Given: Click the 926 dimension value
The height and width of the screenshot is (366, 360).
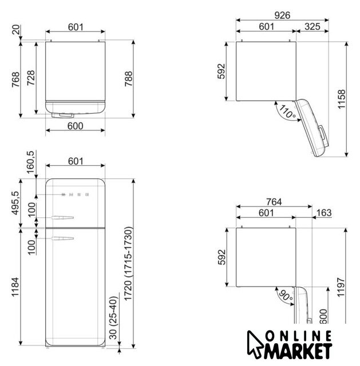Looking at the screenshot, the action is click(282, 15).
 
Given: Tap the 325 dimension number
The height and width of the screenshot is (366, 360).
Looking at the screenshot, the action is click(312, 27).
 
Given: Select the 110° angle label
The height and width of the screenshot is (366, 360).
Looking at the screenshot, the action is click(287, 112).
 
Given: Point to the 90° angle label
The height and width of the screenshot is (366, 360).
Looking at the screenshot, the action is click(286, 295).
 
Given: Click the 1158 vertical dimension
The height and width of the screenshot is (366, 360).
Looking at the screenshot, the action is click(341, 99).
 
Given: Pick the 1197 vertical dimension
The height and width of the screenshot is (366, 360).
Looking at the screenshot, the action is click(341, 287).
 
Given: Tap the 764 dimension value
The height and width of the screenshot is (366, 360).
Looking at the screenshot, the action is click(274, 202).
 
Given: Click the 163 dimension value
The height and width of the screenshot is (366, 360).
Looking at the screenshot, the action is click(324, 213).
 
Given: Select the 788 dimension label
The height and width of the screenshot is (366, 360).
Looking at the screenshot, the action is click(128, 79).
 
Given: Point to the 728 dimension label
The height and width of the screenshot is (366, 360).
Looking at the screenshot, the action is click(31, 78).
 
